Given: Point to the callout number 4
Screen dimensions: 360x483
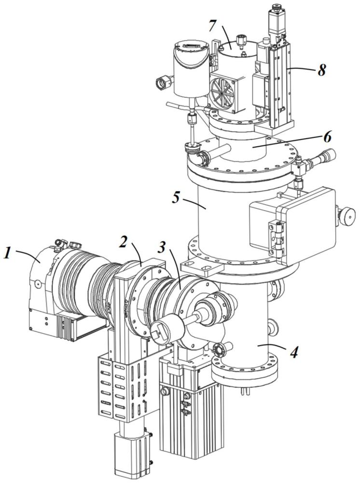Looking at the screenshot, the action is (x=294, y=353).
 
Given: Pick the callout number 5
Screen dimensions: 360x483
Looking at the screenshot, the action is (x=177, y=198).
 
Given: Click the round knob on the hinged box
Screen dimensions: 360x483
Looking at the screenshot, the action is (x=347, y=215).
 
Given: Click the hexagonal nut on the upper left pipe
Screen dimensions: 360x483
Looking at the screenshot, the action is (x=162, y=82).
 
